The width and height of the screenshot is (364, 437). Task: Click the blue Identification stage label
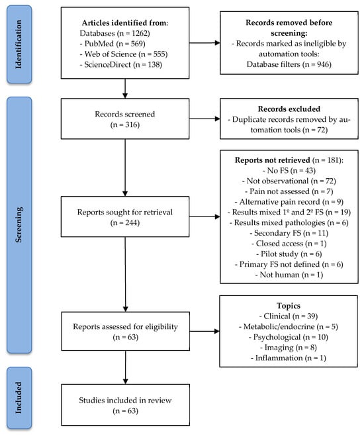[19, 44]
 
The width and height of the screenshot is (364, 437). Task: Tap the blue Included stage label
[19, 398]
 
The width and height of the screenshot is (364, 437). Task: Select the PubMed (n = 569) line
[113, 44]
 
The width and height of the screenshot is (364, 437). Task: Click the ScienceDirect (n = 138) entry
[121, 65]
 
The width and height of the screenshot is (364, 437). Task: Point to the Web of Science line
[124, 54]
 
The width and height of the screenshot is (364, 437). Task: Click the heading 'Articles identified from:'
[125, 23]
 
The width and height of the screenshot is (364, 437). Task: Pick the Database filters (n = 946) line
[289, 64]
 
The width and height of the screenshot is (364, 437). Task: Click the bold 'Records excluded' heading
[289, 109]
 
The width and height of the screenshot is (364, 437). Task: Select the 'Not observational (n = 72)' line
[289, 181]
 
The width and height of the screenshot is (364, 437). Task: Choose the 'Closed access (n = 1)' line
[289, 244]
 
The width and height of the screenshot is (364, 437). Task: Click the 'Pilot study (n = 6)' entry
[289, 254]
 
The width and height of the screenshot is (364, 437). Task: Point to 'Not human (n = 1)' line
[289, 275]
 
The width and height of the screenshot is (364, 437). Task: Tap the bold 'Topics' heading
[289, 306]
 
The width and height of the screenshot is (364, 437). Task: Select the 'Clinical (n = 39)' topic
[289, 316]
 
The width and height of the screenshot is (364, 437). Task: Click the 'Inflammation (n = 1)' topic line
[289, 358]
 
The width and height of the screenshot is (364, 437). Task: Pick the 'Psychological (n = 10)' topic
[289, 337]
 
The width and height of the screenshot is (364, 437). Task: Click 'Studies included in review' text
[125, 401]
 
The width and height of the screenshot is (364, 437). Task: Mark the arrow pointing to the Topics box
[205, 331]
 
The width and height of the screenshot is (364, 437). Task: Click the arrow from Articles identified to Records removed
[205, 43]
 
